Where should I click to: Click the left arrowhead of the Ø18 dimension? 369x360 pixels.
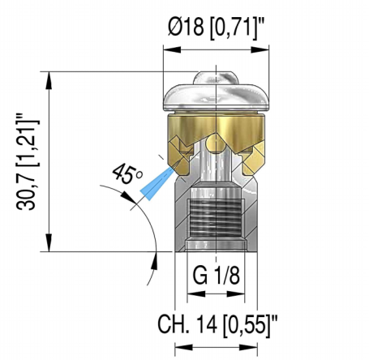(169, 49)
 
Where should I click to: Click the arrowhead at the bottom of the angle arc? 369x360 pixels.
(153, 257)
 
